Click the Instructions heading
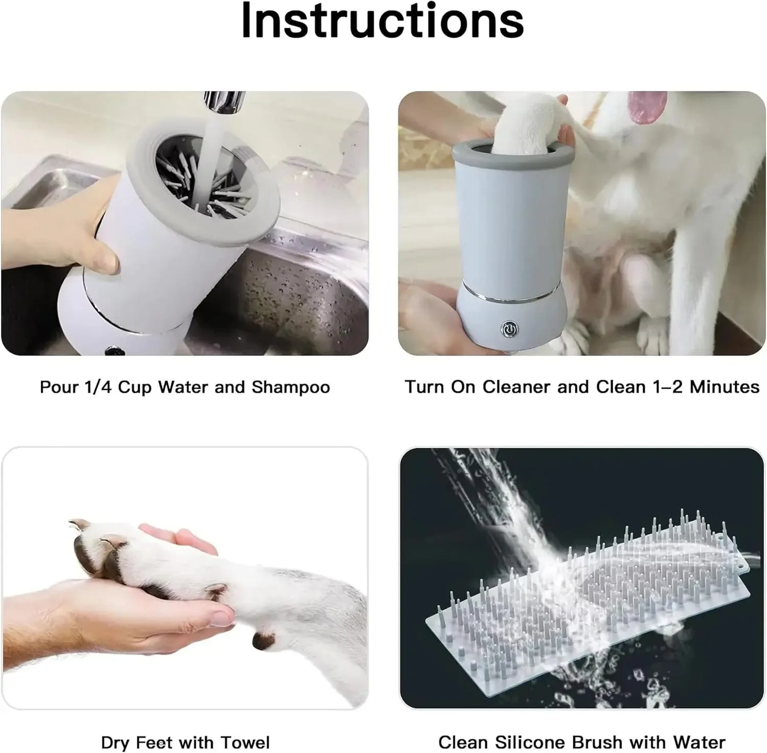tap(383, 21)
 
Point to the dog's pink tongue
tap(647, 106)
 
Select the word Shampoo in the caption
tap(290, 387)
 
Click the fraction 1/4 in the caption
tap(97, 387)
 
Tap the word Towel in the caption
tap(246, 742)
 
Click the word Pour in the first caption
tap(59, 387)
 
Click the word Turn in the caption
tap(424, 387)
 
